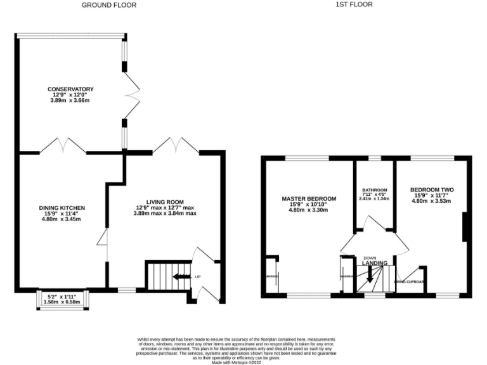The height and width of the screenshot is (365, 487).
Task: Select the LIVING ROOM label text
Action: (165, 201)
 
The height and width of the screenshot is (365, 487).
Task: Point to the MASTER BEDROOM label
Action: (309, 198)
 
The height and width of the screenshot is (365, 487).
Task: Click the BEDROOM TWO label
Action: (432, 189)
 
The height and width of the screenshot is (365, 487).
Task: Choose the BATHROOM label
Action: (374, 190)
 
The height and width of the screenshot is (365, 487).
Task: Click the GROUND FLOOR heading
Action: (108, 5)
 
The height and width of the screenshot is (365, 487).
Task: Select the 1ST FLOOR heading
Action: (354, 4)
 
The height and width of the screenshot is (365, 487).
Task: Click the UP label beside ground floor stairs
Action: (198, 277)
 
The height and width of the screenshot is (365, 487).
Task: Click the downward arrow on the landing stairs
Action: (370, 274)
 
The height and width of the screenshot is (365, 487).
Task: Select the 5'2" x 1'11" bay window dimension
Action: (62, 297)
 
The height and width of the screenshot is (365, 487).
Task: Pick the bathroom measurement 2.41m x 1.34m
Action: (374, 199)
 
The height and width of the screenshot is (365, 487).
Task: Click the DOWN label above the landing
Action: (370, 257)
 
